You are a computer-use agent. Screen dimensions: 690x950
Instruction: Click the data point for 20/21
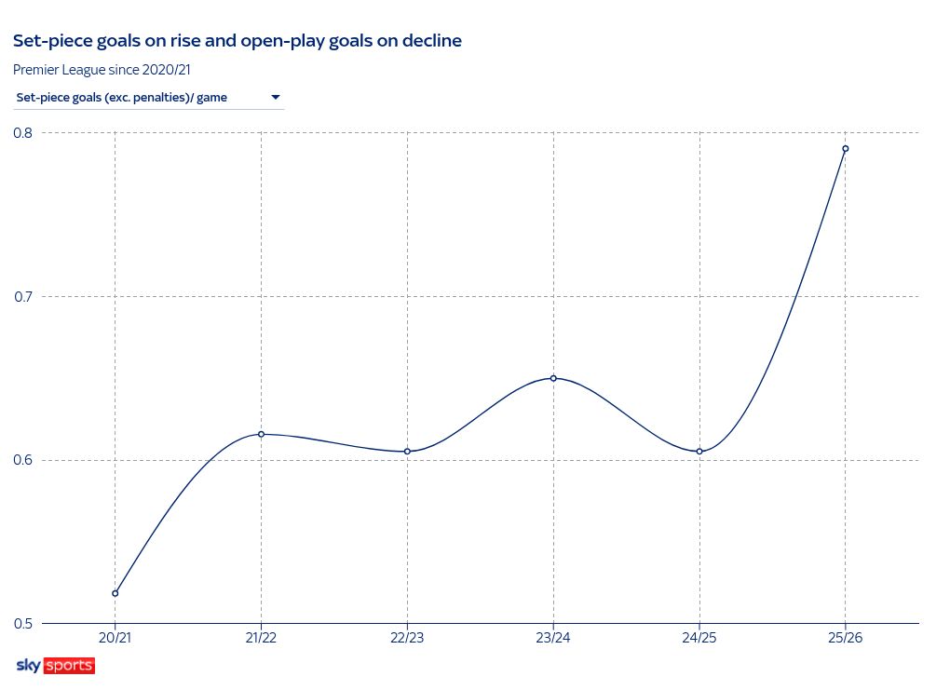115,593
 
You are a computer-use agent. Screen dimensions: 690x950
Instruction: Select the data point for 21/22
261,434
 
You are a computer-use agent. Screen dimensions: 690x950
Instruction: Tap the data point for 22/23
407,452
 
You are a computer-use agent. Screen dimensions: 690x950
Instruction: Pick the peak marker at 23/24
553,378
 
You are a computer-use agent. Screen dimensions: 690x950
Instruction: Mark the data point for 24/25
699,452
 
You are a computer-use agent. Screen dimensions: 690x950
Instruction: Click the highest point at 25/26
846,149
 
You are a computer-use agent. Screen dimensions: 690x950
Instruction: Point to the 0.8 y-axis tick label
22,133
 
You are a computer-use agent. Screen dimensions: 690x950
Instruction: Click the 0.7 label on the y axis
22,297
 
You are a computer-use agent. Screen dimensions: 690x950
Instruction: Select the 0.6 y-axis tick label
22,460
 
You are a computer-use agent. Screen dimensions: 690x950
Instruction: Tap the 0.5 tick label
22,624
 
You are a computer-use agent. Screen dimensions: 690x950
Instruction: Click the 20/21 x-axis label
115,639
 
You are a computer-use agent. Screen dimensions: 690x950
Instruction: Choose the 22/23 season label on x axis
407,639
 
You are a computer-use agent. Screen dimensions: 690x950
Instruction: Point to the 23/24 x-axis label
553,639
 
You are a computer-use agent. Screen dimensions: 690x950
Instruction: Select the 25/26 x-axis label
846,639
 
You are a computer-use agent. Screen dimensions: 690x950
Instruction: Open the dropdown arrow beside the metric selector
276,97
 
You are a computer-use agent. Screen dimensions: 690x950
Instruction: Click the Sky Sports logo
55,666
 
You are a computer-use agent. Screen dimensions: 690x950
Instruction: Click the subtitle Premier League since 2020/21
102,69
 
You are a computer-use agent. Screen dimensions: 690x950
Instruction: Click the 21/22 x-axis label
261,639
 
